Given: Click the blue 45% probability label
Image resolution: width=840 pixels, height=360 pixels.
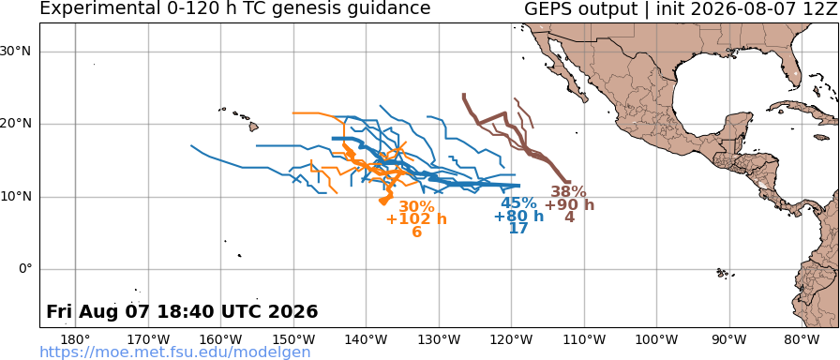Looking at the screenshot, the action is (518, 203).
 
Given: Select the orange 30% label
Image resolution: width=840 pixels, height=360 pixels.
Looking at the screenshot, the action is (416, 207).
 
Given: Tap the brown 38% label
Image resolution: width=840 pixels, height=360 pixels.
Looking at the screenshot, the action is (569, 192).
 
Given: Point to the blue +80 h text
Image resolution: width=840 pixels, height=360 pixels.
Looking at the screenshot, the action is (518, 216).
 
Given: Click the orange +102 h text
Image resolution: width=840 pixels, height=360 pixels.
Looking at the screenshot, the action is (416, 219).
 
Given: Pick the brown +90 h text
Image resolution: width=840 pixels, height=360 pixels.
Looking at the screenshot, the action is (569, 204).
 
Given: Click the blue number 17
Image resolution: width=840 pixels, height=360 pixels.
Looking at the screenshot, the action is (518, 228).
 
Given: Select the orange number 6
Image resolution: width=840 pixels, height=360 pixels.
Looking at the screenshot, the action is (417, 232).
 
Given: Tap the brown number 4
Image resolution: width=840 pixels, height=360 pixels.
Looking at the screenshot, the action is (569, 217).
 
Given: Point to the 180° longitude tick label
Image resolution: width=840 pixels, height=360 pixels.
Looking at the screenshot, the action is (76, 339).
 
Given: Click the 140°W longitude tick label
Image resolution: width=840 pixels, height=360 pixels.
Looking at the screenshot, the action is (367, 339).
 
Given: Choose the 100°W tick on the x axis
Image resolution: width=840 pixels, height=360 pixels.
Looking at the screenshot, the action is (657, 339).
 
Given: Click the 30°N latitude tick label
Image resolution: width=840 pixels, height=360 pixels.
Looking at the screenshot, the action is (18, 52).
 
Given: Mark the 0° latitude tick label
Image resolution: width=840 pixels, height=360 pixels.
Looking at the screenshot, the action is (26, 269).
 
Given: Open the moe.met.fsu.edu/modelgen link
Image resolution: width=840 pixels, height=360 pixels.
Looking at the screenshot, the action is (175, 352).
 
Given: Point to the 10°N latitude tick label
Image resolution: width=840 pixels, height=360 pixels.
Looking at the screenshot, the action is (18, 197).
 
